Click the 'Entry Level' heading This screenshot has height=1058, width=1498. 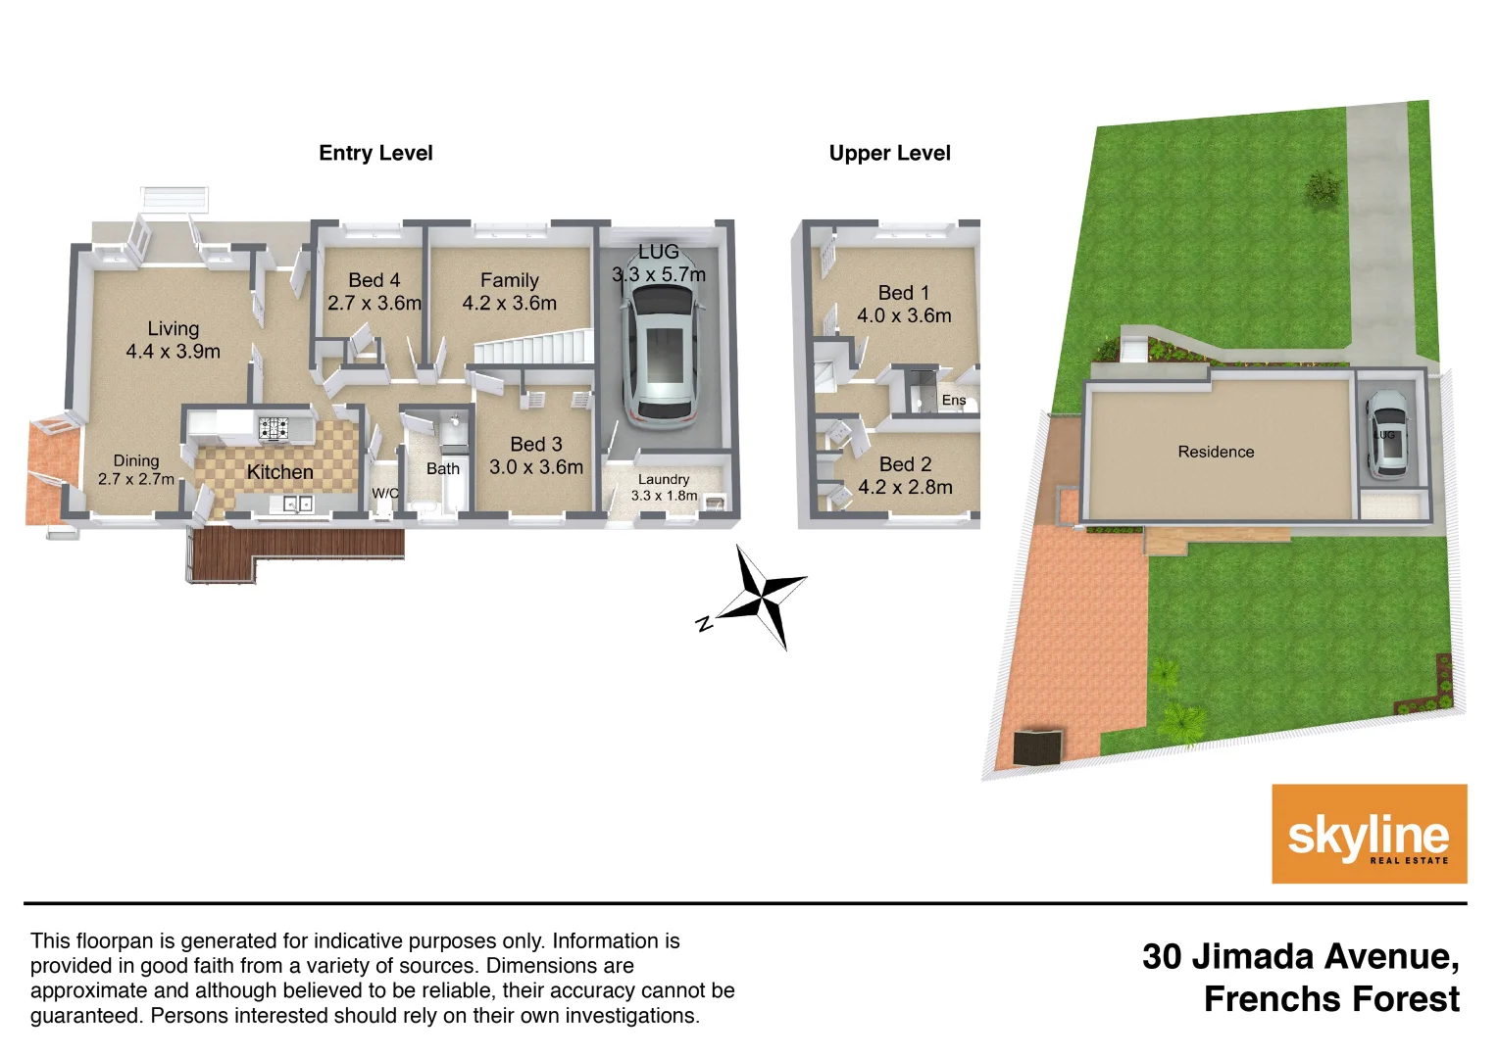point(375,153)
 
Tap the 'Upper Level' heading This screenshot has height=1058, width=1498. point(889,153)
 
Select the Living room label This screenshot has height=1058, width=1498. point(173,340)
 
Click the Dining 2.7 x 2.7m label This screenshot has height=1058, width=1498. point(136,469)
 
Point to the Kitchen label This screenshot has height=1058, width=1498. point(279,472)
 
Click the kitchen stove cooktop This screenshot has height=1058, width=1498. point(274,428)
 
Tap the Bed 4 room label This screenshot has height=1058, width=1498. point(374,292)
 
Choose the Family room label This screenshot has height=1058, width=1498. point(509,292)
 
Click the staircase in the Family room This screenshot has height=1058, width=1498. point(534,348)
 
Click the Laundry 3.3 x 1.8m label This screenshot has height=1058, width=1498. point(664,487)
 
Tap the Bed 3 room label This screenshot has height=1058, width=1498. point(536,456)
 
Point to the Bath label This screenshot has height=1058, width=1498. point(443,469)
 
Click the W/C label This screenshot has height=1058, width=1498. point(385,493)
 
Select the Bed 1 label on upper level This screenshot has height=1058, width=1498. point(904,304)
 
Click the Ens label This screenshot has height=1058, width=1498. point(954,400)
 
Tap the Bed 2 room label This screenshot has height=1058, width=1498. point(905,475)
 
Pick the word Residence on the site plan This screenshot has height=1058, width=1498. point(1216,452)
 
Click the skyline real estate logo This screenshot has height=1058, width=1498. point(1369,834)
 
